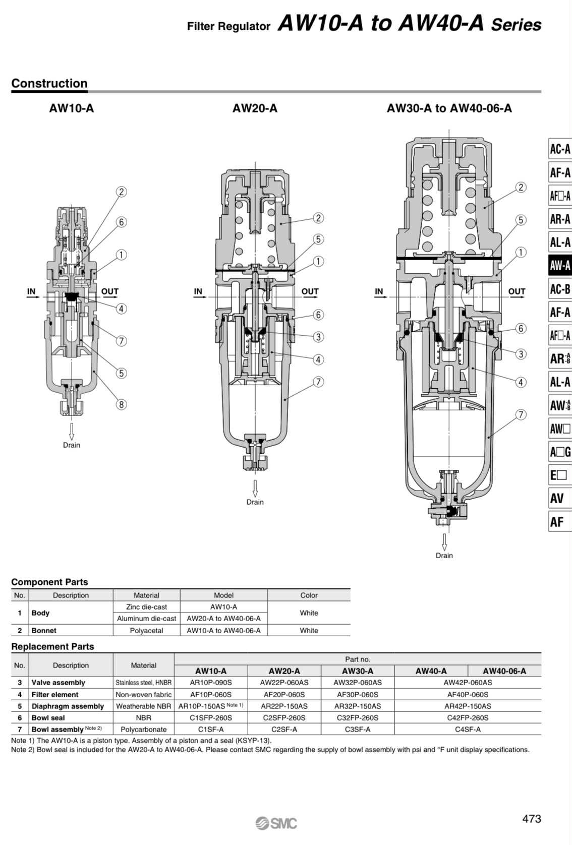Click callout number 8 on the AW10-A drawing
coord(121,405)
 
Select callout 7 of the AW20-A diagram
coord(318,382)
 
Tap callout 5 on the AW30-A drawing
coord(521,220)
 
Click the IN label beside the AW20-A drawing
coord(198,291)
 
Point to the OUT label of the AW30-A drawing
coord(517,291)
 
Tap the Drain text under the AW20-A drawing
coord(255,502)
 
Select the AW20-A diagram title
coord(255,108)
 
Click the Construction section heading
coord(49,83)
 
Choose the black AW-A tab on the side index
coord(559,266)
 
